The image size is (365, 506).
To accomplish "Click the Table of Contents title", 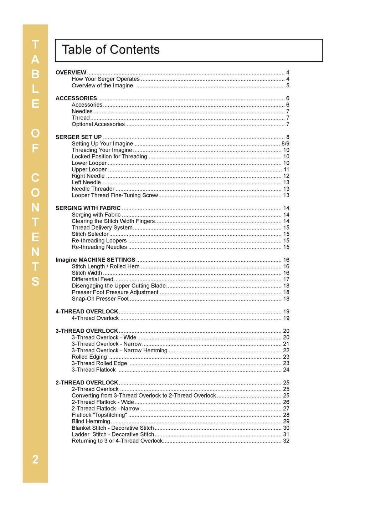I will pos(110,50).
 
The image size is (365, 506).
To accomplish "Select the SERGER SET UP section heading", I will pos(78,137).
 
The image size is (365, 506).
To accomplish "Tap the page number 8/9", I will pos(285,144).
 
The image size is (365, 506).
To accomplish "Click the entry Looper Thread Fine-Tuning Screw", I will pos(114,195).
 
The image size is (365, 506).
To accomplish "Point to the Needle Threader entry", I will pos(93,189).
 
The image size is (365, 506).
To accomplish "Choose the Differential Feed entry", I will pos(92,280).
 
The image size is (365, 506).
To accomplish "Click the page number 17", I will pos(286,280).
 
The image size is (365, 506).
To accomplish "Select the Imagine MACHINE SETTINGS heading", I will pos(95,260).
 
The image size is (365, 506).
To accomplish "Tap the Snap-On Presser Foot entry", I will pos(100,299).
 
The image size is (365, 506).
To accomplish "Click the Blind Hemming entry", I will pos(91,421).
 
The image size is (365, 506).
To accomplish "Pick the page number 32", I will pos(286,441).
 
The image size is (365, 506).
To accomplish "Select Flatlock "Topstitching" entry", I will pos(99,415).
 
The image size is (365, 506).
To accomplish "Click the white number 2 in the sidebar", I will pos(35,459).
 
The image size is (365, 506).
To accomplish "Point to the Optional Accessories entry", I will pos(98,124).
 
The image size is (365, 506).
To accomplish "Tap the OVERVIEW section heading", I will pos(71,73).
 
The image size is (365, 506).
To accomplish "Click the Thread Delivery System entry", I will pos(102,228).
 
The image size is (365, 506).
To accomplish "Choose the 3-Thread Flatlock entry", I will pos(93,370).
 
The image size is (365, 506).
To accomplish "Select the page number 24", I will pos(286,370).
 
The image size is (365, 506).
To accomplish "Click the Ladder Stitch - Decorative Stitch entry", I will pos(113,435).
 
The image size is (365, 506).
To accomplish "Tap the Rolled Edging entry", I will pos(89,357).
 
